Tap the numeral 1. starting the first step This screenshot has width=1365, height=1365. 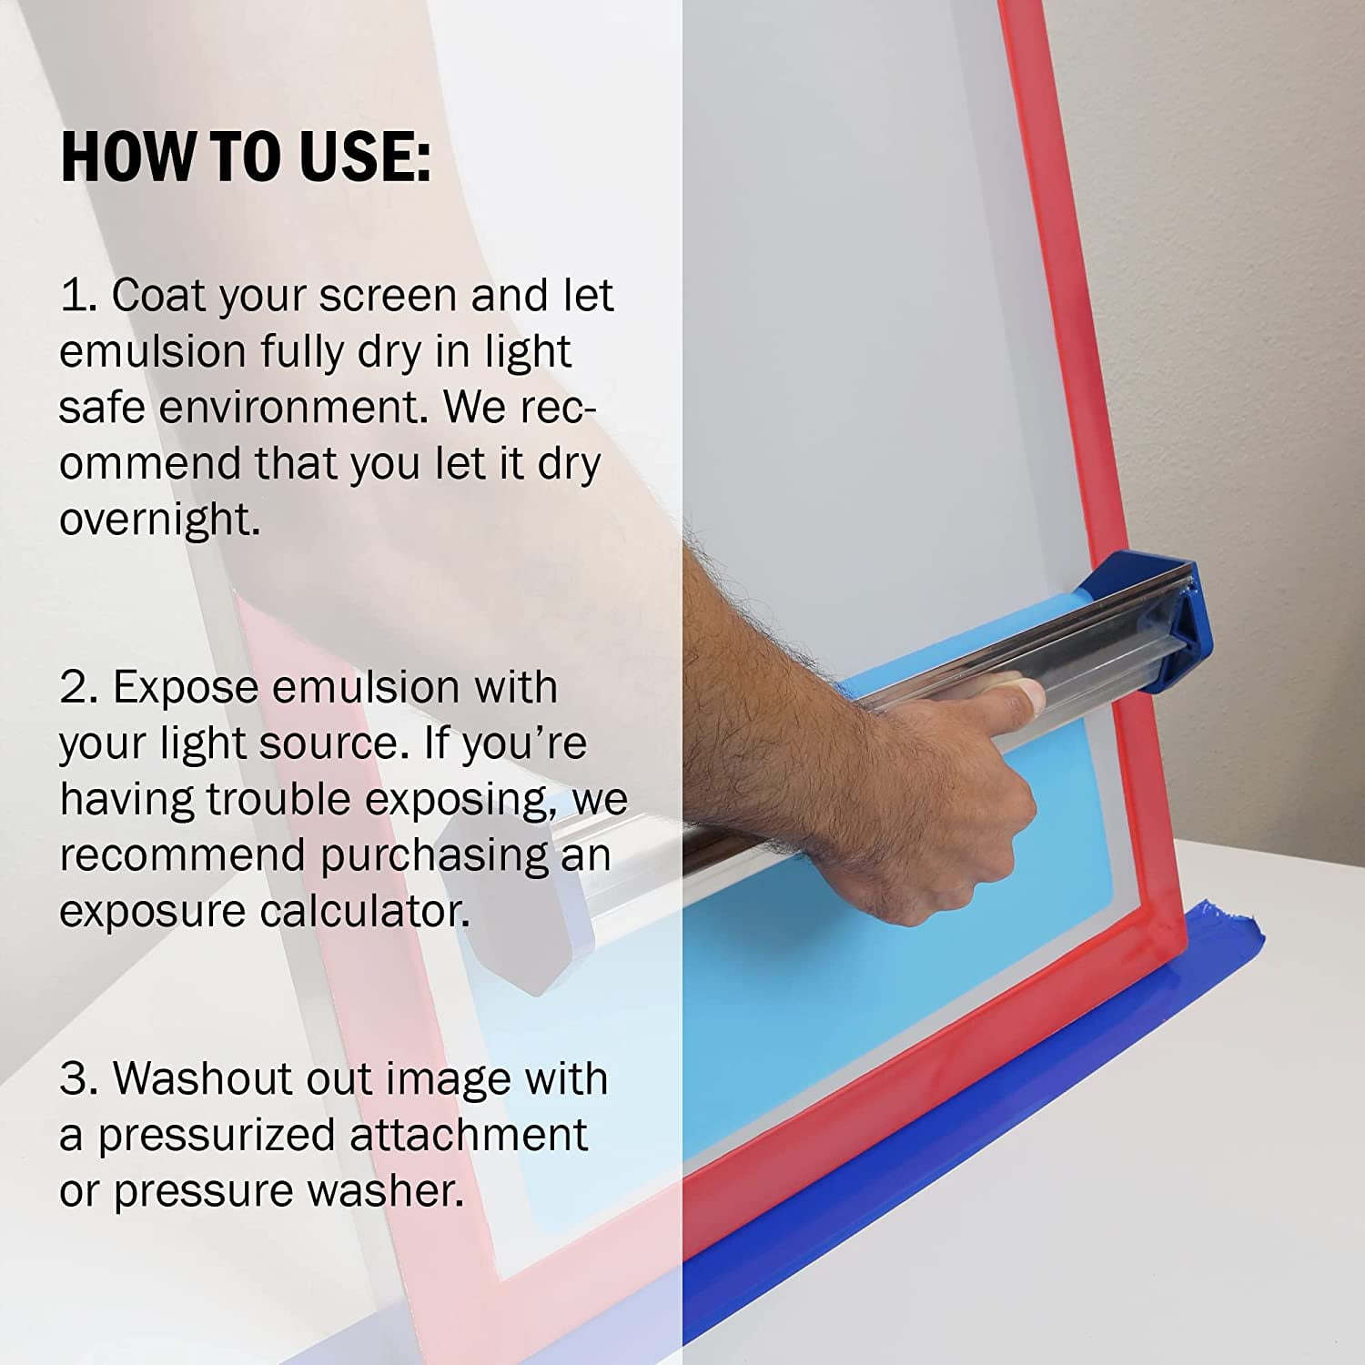click(x=78, y=296)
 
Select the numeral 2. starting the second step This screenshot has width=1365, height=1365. click(x=78, y=687)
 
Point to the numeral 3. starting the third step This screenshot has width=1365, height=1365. click(x=78, y=1078)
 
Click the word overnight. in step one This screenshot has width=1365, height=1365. click(x=160, y=520)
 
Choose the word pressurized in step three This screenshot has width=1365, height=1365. click(x=217, y=1137)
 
